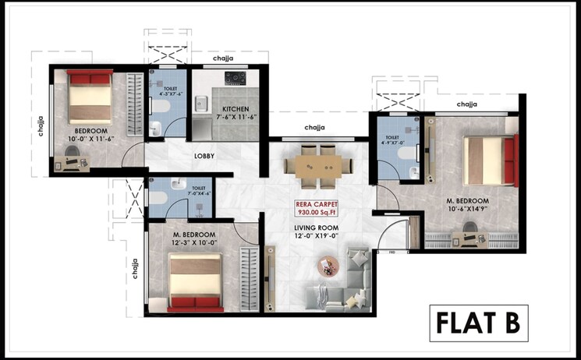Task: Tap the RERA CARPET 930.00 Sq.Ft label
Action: pyautogui.click(x=315, y=208)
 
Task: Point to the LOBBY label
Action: pyautogui.click(x=204, y=156)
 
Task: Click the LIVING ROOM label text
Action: pyautogui.click(x=315, y=229)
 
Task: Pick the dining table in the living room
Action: pyautogui.click(x=313, y=164)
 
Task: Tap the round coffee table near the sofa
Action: pyautogui.click(x=326, y=267)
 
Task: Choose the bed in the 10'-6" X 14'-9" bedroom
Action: pyautogui.click(x=490, y=160)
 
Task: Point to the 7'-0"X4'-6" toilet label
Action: pyautogui.click(x=199, y=191)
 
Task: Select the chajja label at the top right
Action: pyautogui.click(x=467, y=104)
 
